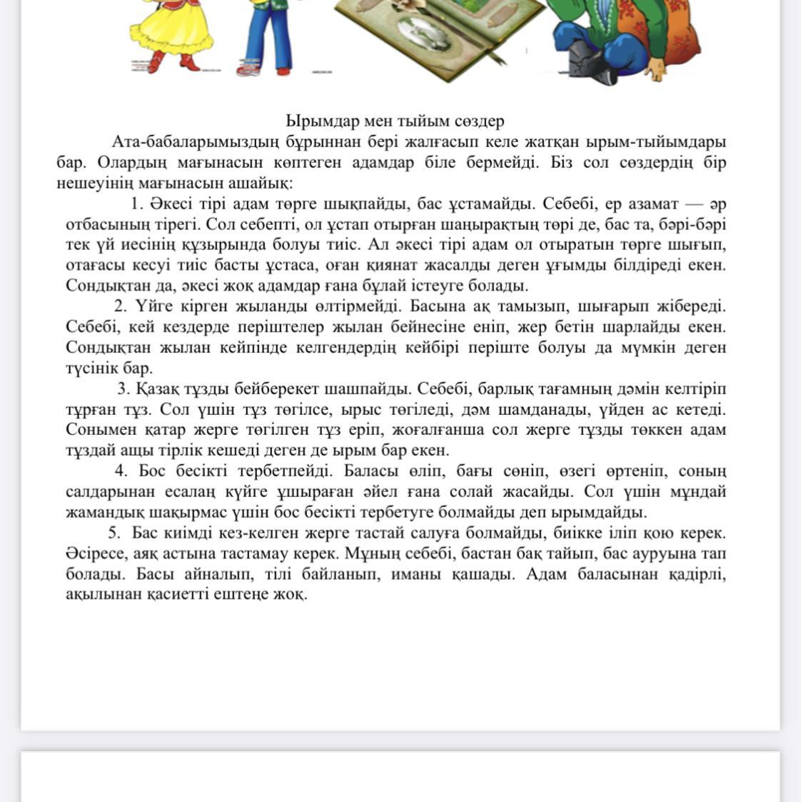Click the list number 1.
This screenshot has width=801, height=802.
point(137,204)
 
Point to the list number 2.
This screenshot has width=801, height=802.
point(120,306)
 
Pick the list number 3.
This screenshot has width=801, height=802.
point(123,389)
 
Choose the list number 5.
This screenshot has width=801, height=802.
point(114,533)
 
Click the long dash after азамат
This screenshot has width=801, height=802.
point(691,204)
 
